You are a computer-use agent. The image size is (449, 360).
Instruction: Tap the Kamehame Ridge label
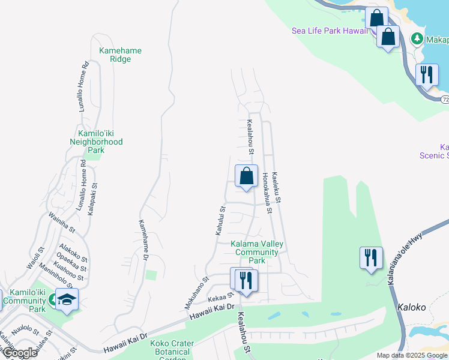click(x=120, y=55)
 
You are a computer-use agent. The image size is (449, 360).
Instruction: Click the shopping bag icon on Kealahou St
click(x=246, y=177)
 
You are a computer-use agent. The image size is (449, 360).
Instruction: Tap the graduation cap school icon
click(x=67, y=299)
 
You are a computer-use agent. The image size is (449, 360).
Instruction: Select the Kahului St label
click(x=221, y=221)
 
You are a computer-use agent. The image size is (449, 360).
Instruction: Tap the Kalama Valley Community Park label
click(x=257, y=252)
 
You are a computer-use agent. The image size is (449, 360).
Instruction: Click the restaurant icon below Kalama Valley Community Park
click(x=244, y=280)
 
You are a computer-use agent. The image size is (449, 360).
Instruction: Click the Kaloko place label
click(x=411, y=307)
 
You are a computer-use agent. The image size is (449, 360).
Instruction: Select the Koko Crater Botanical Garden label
click(x=173, y=348)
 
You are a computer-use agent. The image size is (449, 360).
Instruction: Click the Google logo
click(x=20, y=353)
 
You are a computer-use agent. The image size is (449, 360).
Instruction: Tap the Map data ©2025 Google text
click(x=411, y=355)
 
